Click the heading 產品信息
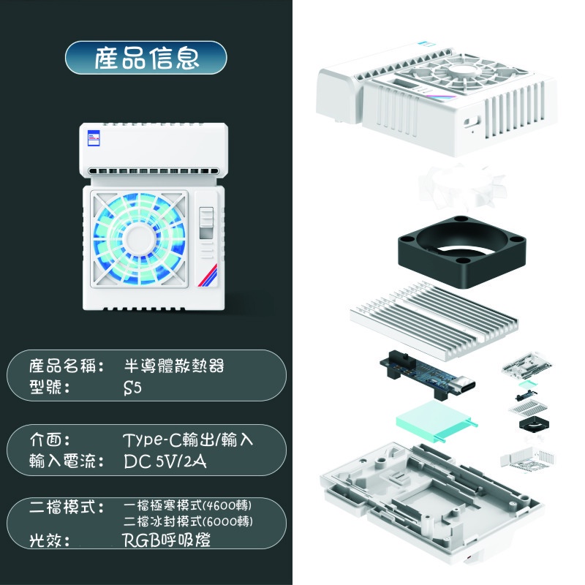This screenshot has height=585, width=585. coord(146,58)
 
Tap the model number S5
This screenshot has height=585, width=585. coord(132,388)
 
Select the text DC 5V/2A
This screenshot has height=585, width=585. coord(165,461)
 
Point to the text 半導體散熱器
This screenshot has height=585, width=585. coord(174,366)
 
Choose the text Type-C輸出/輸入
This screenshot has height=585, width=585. coord(188,440)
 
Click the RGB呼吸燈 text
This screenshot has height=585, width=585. coord(167,540)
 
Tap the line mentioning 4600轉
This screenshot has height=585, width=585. coord(188,505)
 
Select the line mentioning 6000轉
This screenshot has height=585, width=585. coord(189,521)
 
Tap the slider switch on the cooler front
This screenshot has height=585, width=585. coord(206,223)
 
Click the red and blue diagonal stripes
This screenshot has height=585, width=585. coord(208,276)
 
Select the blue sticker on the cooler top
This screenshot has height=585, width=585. coord(94,137)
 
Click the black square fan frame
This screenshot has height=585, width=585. coord(462,252)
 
